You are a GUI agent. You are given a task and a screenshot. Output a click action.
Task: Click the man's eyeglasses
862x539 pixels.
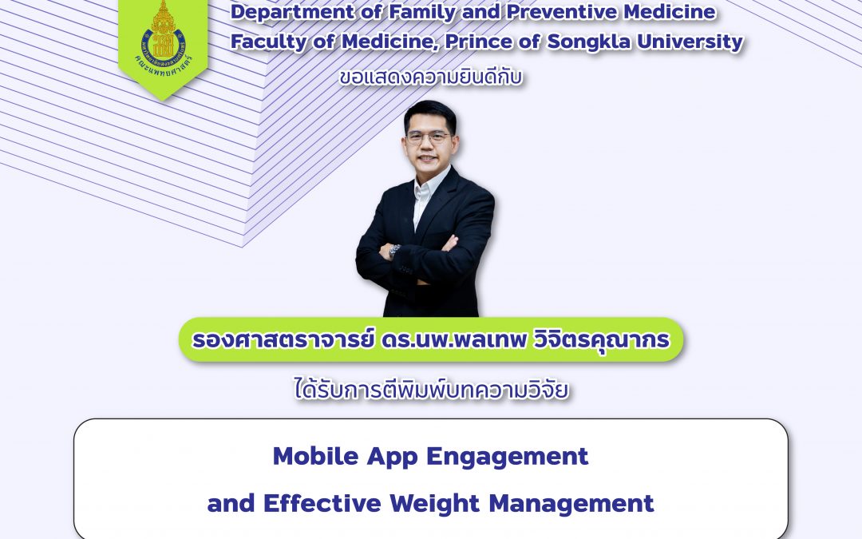point(427,137)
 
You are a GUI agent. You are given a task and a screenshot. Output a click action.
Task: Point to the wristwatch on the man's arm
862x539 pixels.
point(394,250)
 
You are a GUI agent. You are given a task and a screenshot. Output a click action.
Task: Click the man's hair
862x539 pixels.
point(429,113)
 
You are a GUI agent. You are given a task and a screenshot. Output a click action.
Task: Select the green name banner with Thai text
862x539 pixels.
point(431,340)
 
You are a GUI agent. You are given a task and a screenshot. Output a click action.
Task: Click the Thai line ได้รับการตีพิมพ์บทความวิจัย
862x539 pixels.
point(431,391)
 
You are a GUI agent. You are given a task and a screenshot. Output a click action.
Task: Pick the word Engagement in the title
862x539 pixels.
point(507,456)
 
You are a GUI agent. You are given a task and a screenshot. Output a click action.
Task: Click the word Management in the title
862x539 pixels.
point(571,504)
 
